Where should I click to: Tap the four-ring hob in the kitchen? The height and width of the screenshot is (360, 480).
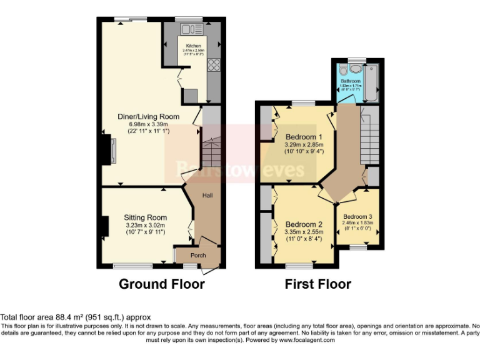(212, 65)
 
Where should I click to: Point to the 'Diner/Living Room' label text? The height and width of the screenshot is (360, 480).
(149, 117)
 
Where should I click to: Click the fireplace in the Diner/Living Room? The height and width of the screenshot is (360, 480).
(111, 151)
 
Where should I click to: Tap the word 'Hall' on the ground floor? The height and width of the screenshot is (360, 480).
(207, 196)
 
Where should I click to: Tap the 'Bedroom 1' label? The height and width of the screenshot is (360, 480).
(304, 137)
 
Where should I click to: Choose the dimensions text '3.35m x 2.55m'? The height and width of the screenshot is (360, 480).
(304, 232)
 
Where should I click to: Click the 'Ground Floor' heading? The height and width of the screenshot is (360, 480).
(162, 284)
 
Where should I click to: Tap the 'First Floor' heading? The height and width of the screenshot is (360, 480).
(317, 284)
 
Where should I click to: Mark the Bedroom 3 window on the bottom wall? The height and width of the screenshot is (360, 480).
(357, 247)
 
